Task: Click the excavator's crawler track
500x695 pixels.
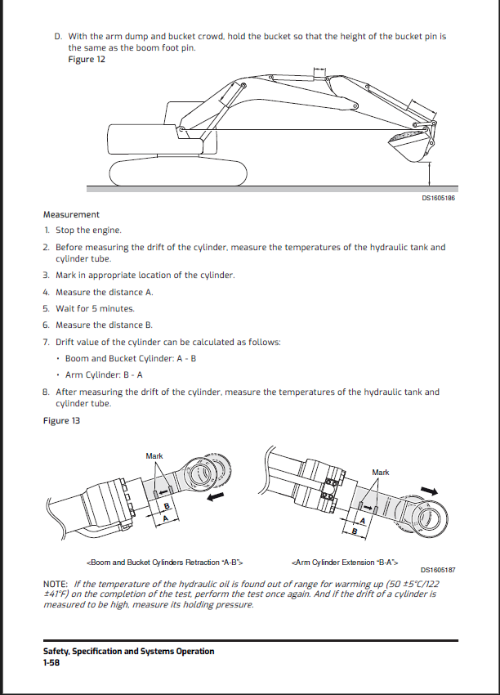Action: point(178,171)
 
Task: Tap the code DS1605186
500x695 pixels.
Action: point(438,197)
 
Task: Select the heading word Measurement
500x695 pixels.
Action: point(71,215)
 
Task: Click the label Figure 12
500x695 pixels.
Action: point(86,60)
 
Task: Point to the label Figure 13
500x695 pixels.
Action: point(62,420)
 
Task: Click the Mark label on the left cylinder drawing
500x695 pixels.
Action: point(154,455)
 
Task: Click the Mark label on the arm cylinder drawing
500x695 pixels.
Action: point(381,472)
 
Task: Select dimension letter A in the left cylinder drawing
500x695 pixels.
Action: point(166,518)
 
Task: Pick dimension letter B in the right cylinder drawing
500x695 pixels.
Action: point(355,532)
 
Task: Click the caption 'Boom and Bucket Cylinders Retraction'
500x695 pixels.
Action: point(163,563)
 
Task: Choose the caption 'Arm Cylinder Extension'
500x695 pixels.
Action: point(344,563)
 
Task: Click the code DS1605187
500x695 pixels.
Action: point(438,570)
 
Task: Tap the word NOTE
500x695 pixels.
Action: point(56,585)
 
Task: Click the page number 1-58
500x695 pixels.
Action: point(51,663)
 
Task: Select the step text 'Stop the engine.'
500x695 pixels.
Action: point(88,231)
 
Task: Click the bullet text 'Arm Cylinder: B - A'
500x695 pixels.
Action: point(104,375)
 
